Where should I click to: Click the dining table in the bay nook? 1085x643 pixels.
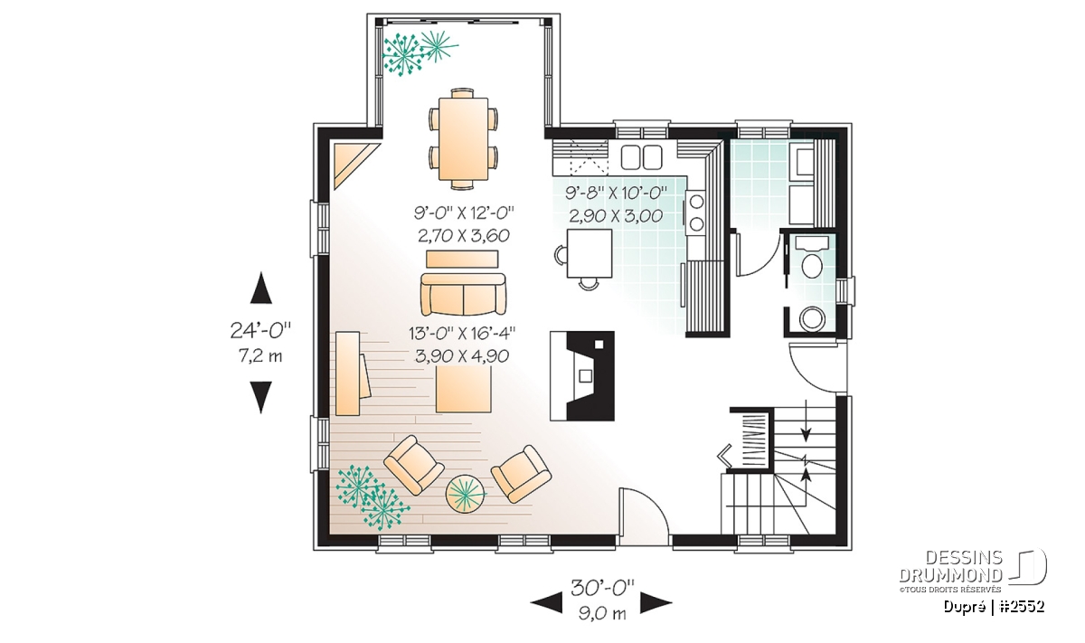pos(463,138)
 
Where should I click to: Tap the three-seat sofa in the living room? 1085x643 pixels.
pos(463,294)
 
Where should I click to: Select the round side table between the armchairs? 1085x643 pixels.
pos(466,495)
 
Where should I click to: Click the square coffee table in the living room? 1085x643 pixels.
pos(464,389)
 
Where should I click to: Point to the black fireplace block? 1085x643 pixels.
pos(582,375)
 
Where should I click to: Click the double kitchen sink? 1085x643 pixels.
pos(641,157)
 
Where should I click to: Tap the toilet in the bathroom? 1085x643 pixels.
pos(812,260)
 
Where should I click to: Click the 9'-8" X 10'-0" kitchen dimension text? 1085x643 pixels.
pos(616,194)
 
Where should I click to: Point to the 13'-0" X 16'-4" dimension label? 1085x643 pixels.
pos(462,334)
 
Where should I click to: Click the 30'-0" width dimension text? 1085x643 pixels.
pos(602,588)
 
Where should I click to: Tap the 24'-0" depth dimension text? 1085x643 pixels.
pos(260,331)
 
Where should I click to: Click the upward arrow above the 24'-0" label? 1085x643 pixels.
pos(260,288)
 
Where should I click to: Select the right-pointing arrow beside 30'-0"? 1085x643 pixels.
pos(656,603)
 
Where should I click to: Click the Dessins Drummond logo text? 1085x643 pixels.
pos(950,566)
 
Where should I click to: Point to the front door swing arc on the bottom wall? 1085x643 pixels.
pos(655,504)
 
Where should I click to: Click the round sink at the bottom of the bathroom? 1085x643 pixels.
pos(812,319)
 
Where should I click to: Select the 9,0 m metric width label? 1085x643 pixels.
pos(602,613)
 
